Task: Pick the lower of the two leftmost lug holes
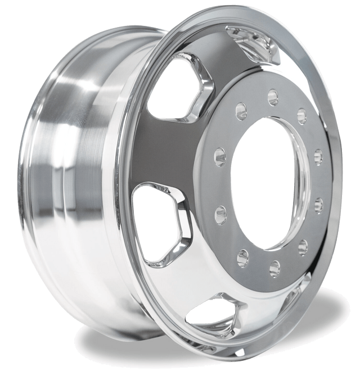point(220,212)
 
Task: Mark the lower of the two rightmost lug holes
point(318,203)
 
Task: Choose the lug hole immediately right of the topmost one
point(301,116)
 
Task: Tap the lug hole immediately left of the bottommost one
point(243,257)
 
